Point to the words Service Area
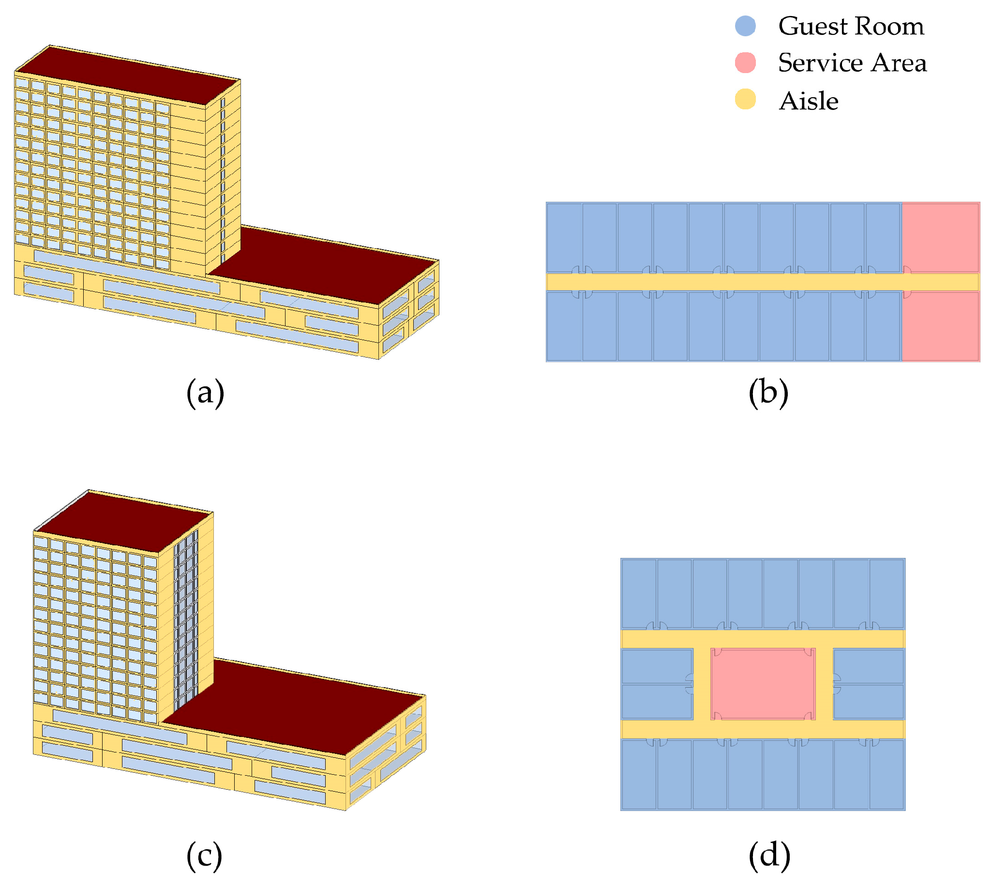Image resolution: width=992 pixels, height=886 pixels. [x=852, y=63]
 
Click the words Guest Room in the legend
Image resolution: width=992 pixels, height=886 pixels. [x=850, y=26]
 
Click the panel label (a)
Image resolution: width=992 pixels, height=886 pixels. [x=205, y=392]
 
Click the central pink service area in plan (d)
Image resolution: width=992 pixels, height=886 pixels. [x=762, y=684]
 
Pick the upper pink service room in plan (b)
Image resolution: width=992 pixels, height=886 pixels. [x=940, y=237]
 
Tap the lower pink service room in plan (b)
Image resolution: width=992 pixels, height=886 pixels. [x=940, y=326]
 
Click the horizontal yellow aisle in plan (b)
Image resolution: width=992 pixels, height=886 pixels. [x=730, y=282]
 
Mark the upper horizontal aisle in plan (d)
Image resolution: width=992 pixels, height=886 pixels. [x=762, y=639]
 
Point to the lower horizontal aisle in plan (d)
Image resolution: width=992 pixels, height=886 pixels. [x=762, y=729]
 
